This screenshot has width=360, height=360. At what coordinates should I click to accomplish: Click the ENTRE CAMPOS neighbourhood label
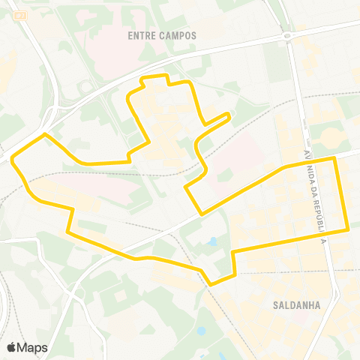point(162,35)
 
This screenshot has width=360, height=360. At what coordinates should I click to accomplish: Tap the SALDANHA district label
point(298,305)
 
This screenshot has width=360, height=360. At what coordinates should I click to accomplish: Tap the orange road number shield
point(20,14)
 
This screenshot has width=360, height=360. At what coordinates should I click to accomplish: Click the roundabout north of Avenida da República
point(286,36)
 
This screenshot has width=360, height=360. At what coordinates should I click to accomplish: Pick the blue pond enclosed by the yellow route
point(213,242)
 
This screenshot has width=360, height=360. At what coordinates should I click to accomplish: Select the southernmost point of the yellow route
point(211,284)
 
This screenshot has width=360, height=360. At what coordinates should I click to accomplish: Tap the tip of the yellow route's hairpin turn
point(228,114)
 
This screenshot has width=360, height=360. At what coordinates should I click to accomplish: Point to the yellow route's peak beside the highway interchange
point(45,134)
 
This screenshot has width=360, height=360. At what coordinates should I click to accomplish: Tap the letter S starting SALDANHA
point(277,305)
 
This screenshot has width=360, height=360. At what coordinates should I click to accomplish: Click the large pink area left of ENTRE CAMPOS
point(112,52)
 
